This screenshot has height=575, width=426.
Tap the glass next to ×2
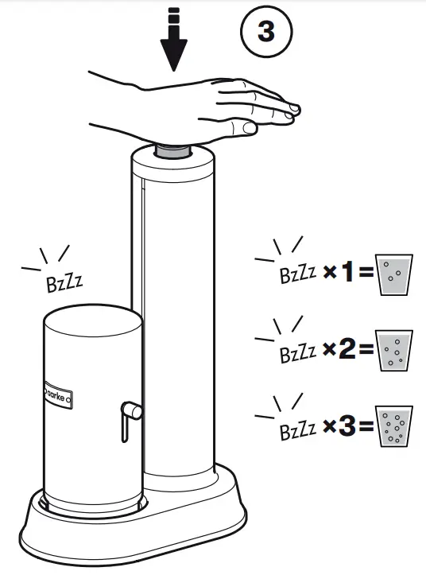(x=393, y=351)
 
